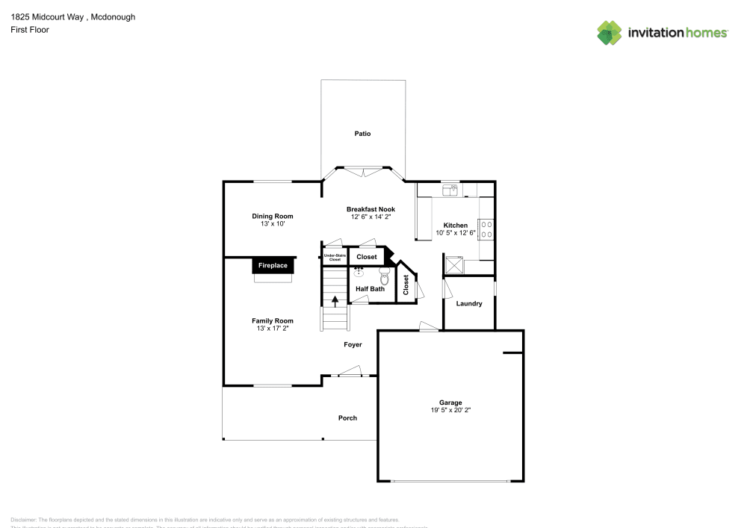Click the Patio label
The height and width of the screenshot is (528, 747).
362,134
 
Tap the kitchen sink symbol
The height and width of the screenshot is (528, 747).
450,190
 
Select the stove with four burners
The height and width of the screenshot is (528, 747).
486,229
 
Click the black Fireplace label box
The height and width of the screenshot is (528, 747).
273,265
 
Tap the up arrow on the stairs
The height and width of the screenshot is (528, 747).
335,301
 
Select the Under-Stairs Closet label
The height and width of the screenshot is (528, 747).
335,258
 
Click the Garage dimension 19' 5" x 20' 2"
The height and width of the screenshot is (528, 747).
450,410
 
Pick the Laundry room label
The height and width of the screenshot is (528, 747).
469,304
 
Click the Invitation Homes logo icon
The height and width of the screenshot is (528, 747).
610,32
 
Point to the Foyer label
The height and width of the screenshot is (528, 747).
353,345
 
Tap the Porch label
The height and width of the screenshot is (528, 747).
347,418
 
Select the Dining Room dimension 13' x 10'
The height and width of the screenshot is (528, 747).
273,223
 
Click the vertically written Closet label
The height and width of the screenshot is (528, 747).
406,285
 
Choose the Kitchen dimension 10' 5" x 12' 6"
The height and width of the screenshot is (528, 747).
456,233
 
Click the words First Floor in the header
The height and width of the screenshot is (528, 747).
30,30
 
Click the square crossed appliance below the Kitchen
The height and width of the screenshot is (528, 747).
453,264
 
